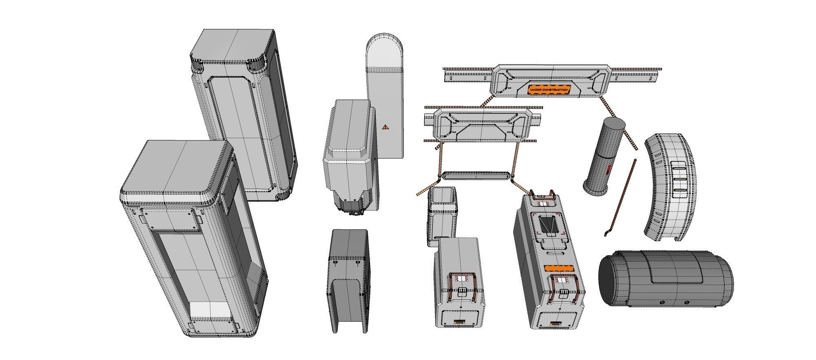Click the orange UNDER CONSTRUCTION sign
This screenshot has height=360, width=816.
[548, 90]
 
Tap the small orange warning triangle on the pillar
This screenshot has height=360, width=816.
[385, 127]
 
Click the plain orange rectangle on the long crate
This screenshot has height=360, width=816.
[559, 269]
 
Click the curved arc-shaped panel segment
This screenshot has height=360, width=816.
[669, 188]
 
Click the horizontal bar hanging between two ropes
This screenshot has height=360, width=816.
[475, 176]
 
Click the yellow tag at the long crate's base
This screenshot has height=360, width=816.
[555, 323]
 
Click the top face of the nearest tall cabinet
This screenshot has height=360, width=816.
[175, 167]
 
